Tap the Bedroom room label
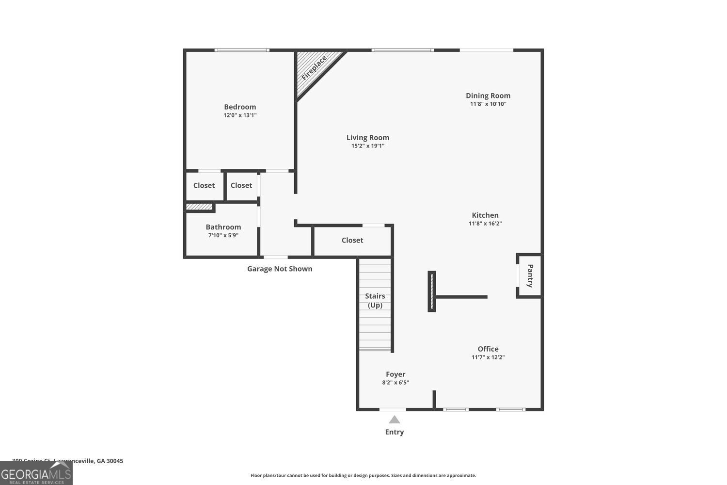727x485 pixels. (240, 107)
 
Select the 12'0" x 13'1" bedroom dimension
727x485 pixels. (240, 115)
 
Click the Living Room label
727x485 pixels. (368, 138)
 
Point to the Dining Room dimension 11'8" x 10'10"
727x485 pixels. (488, 104)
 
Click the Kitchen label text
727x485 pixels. (485, 215)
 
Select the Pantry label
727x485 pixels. (530, 275)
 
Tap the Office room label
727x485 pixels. (488, 349)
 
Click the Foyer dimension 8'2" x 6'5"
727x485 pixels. (395, 382)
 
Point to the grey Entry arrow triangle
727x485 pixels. (395, 420)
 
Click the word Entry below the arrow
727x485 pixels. (395, 432)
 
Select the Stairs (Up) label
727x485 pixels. (375, 300)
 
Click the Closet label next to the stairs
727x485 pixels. (352, 240)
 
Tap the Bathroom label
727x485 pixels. (223, 227)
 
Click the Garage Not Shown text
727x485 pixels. (280, 269)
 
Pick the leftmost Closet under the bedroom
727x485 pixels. (204, 185)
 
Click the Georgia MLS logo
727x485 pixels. (36, 473)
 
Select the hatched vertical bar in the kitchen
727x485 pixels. (431, 291)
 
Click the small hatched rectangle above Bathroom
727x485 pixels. (200, 207)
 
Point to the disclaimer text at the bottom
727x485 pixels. (363, 475)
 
